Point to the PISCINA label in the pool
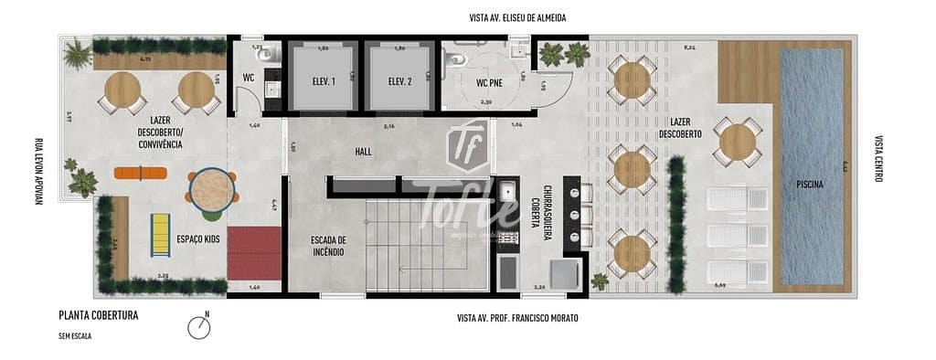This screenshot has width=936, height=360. (809, 185)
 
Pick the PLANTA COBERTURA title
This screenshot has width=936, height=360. (98, 316)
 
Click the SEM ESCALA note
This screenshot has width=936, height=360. (74, 335)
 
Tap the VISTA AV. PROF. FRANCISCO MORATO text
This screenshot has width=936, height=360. (517, 318)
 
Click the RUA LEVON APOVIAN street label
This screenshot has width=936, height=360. (38, 171)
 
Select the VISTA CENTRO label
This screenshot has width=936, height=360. (878, 159)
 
